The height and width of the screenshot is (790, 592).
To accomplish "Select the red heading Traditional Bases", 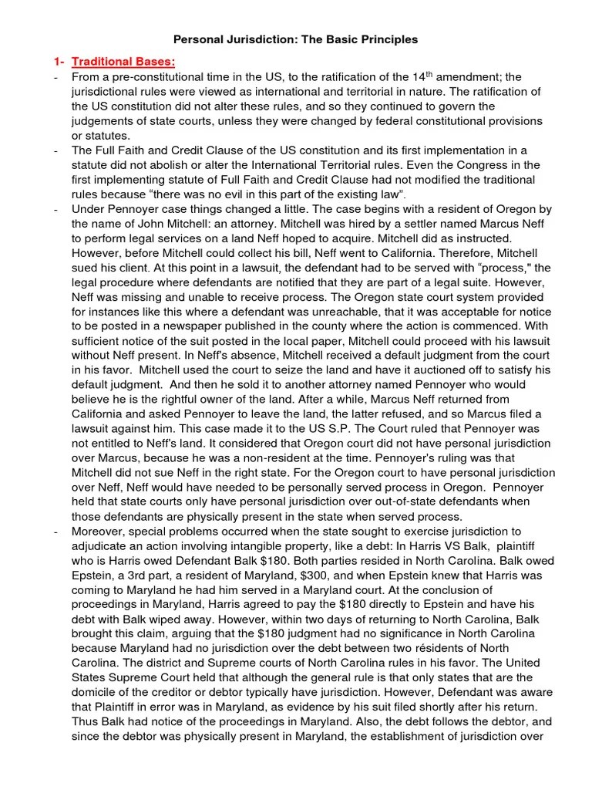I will pyautogui.click(x=123, y=61).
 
